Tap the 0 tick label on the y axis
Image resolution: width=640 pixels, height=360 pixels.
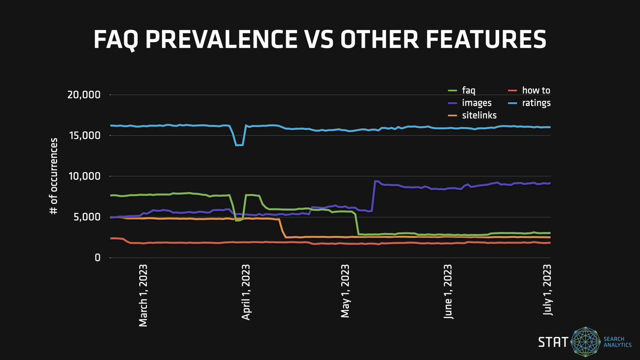click(98, 258)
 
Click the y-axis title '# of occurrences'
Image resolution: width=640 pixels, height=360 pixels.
click(53, 177)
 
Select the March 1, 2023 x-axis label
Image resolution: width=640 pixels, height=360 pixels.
click(143, 293)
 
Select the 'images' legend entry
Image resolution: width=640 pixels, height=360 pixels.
click(472, 103)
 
